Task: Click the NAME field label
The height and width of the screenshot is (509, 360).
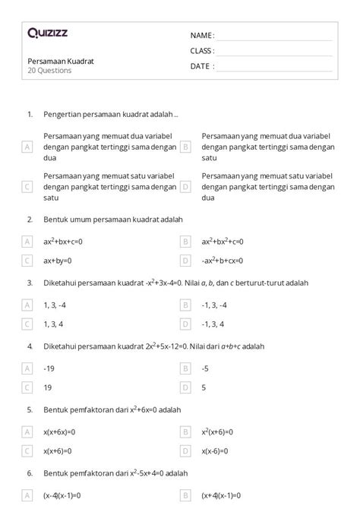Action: click(x=201, y=36)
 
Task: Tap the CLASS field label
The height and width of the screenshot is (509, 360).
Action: click(x=202, y=51)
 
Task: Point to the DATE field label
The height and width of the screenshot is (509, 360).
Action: click(x=201, y=66)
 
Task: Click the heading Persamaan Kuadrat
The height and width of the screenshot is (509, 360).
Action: click(x=61, y=61)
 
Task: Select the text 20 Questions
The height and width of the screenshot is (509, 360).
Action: click(x=49, y=71)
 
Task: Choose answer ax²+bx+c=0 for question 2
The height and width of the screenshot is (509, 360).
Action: click(x=62, y=242)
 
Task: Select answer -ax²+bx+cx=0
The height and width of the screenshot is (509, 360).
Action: click(x=223, y=261)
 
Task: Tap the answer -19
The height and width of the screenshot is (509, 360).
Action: click(x=50, y=368)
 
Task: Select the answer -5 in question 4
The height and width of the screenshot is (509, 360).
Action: click(x=205, y=368)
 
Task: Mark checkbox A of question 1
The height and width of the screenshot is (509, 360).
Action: click(x=27, y=147)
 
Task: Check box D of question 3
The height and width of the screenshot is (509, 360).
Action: click(x=185, y=324)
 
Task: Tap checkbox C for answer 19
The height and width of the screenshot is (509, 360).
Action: click(x=27, y=387)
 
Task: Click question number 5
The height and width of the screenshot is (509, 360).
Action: click(x=30, y=409)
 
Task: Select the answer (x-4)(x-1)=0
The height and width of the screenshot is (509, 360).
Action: click(x=62, y=495)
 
